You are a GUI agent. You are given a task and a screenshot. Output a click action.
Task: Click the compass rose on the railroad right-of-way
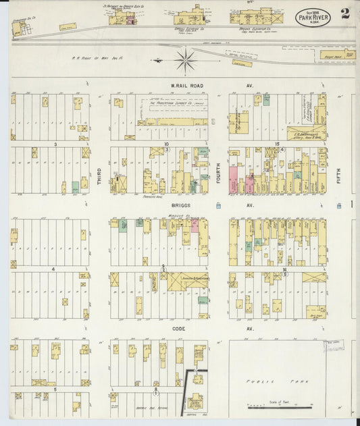click(x=184, y=61)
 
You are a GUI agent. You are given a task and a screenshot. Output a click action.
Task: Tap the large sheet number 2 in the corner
click(x=345, y=14)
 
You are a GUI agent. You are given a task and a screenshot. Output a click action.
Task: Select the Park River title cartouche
click(x=313, y=14)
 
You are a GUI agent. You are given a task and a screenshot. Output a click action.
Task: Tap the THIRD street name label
click(x=99, y=178)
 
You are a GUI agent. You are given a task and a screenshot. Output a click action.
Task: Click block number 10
click(x=165, y=144)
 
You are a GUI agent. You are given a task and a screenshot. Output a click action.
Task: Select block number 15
click(x=278, y=144)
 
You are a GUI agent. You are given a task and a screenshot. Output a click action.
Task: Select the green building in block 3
click(x=75, y=187)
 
